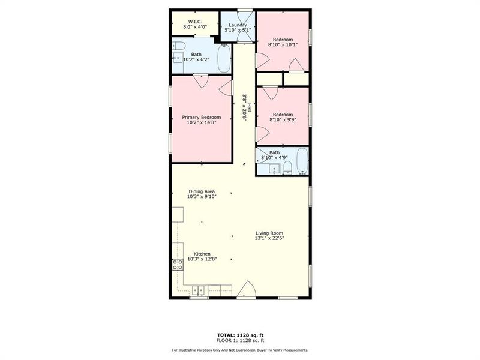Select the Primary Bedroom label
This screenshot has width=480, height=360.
[x=202, y=117]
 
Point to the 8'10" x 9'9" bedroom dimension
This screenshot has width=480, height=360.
[x=282, y=119]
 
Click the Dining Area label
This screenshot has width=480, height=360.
[x=201, y=191]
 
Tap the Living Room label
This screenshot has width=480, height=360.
[x=269, y=233]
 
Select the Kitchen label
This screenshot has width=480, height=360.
[x=202, y=254]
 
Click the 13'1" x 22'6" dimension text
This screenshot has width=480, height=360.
[x=269, y=238]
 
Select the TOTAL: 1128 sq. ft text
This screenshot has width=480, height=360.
[x=240, y=334]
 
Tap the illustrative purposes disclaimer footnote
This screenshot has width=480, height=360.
[x=240, y=350]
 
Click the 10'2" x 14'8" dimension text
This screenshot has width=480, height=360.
[x=202, y=122]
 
